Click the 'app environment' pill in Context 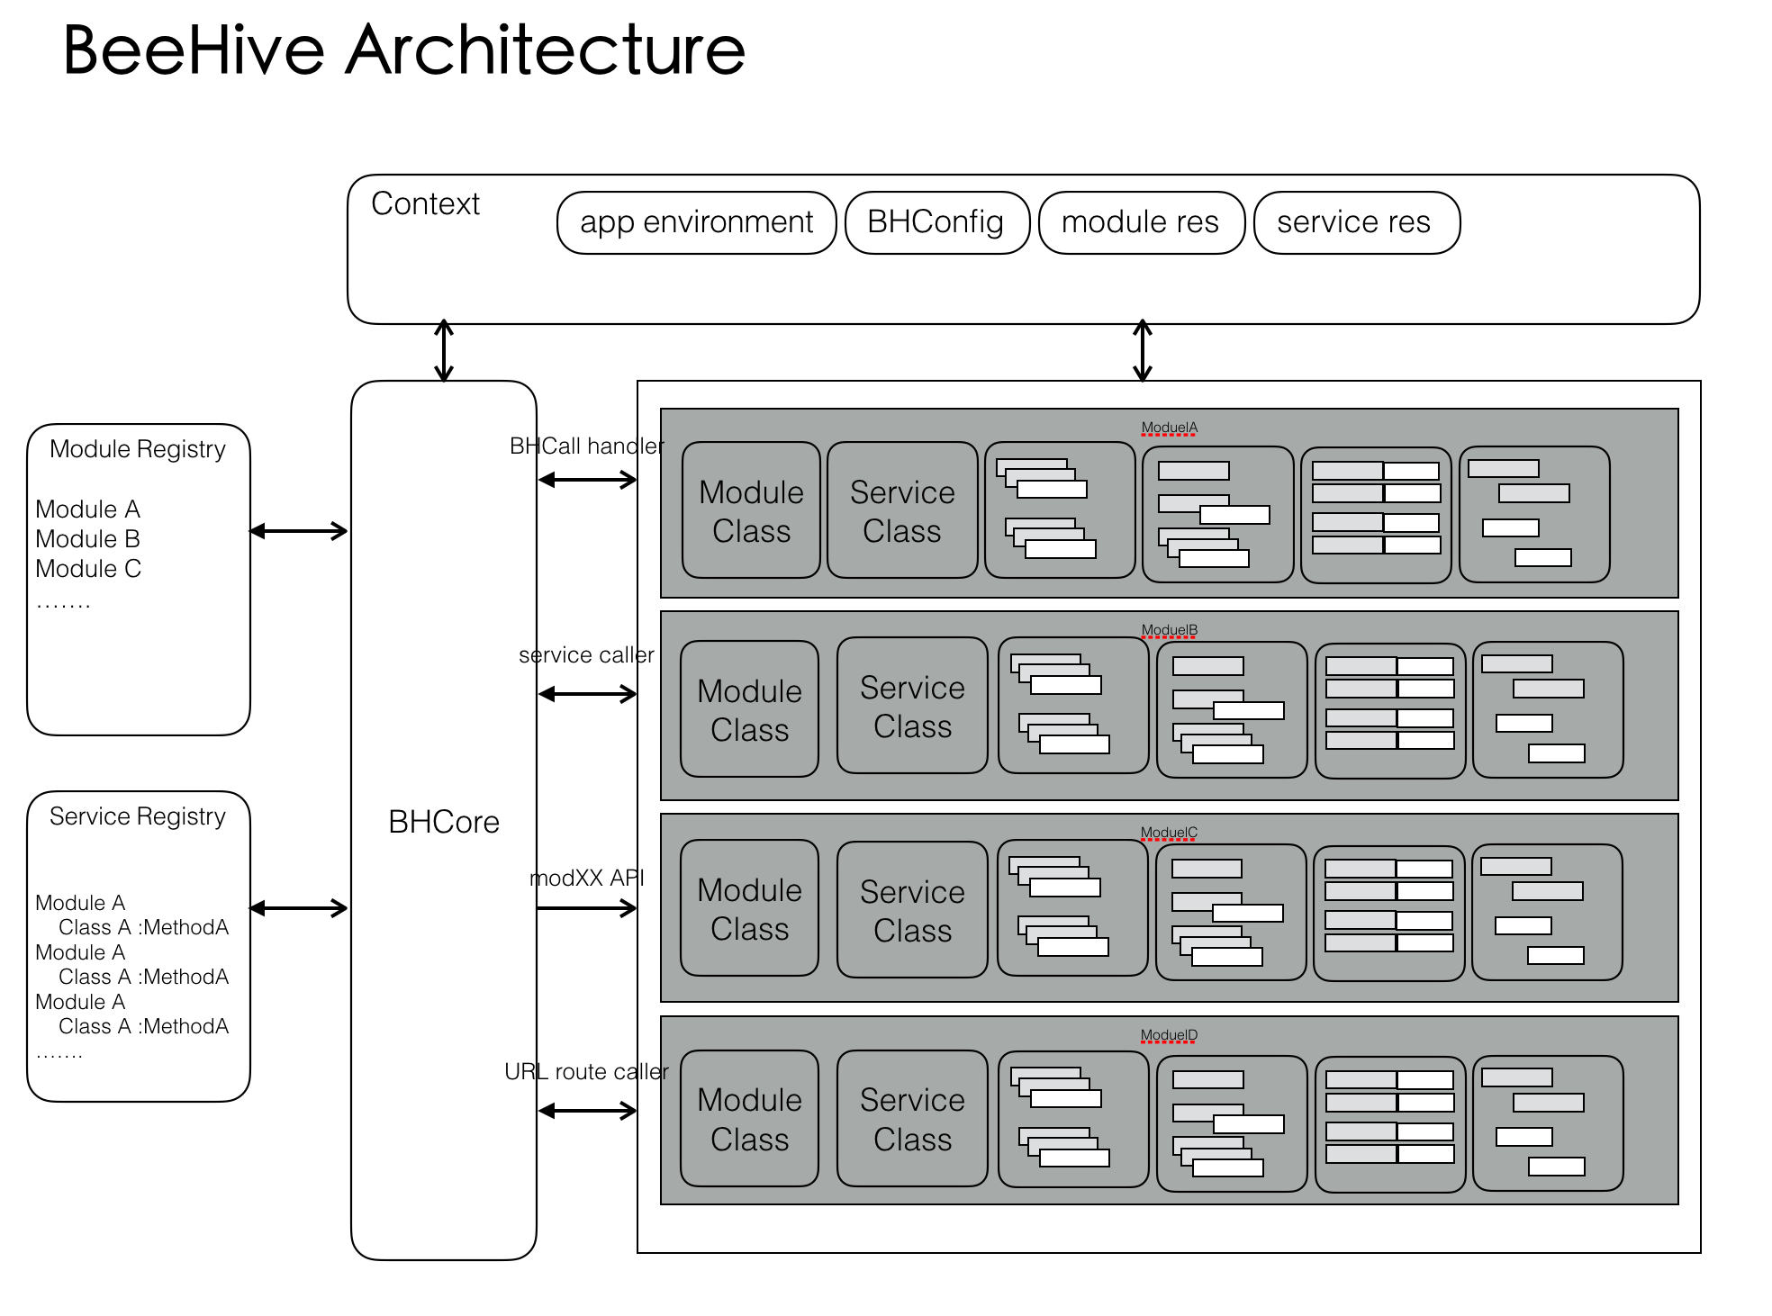[696, 222]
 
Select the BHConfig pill [936, 222]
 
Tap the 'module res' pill [1141, 222]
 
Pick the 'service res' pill [1355, 222]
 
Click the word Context [425, 204]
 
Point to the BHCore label [443, 822]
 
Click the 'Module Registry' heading [138, 449]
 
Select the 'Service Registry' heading [138, 816]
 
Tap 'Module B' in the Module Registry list [88, 539]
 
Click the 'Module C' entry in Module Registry [88, 569]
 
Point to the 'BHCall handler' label [586, 446]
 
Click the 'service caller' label [586, 655]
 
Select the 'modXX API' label [586, 879]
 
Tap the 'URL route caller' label [586, 1072]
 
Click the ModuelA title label [1169, 428]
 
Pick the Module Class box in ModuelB [749, 709]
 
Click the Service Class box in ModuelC [912, 910]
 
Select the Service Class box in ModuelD [912, 1119]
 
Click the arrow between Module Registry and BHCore [299, 531]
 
